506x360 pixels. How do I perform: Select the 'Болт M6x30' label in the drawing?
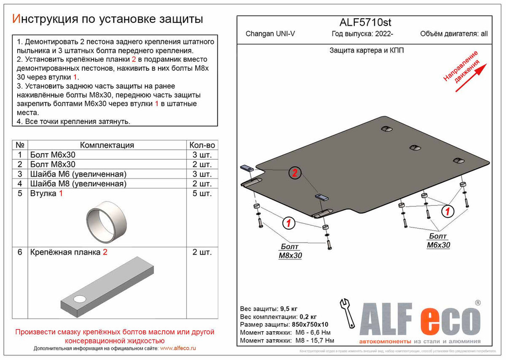(438, 241)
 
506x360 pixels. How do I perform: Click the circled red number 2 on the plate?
(294, 173)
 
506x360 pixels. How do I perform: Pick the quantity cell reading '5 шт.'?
(202, 194)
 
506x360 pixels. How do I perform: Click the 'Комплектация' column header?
(107, 145)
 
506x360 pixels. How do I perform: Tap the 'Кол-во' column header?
(202, 145)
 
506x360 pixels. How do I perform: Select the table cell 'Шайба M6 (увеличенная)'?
(78, 174)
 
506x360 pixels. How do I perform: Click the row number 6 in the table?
(19, 252)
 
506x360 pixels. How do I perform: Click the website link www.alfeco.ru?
(178, 349)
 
